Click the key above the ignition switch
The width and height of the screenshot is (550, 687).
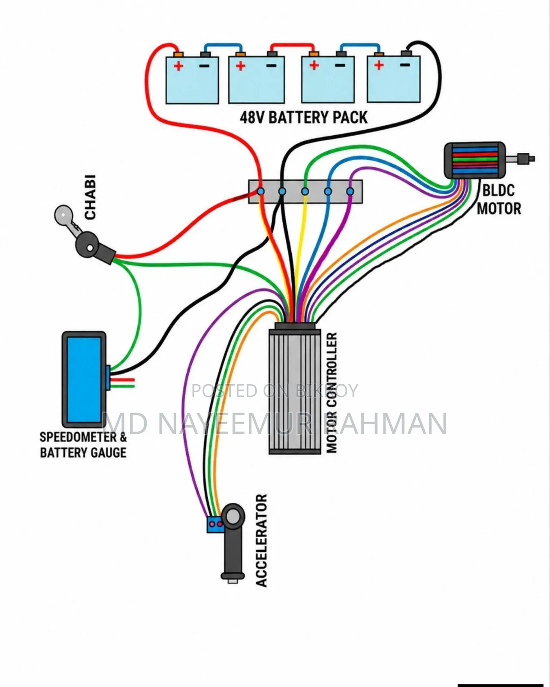(x=66, y=219)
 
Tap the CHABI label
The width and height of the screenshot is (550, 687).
(x=90, y=197)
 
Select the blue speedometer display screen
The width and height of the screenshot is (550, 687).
(x=84, y=379)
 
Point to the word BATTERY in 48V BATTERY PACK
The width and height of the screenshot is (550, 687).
(x=297, y=117)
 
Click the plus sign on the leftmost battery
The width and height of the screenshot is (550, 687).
(x=178, y=66)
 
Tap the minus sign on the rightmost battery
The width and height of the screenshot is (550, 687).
(x=405, y=65)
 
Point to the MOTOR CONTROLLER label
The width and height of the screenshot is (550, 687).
(x=332, y=392)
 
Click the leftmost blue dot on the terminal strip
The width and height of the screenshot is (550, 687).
(x=261, y=191)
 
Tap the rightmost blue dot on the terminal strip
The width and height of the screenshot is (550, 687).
(x=350, y=191)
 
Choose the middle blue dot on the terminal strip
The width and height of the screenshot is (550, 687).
(x=305, y=191)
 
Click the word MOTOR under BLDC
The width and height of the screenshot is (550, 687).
(x=499, y=209)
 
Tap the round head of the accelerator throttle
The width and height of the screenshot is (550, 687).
(x=233, y=516)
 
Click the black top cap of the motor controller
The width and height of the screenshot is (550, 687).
(x=295, y=326)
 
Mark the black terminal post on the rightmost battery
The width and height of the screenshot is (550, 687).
(x=406, y=53)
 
